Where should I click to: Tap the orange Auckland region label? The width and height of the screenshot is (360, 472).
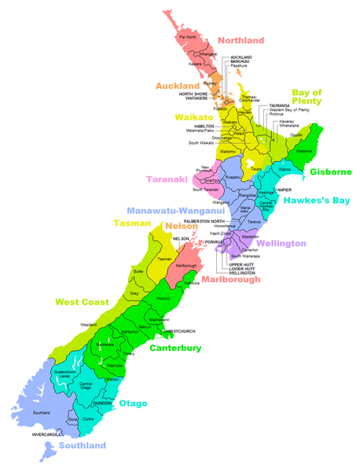(x=177, y=85)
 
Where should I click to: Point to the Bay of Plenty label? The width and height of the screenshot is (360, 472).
(x=307, y=100)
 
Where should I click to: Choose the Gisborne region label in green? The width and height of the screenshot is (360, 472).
(x=325, y=171)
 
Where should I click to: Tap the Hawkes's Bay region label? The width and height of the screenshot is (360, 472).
(x=317, y=200)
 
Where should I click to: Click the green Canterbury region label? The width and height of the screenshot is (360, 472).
(x=175, y=348)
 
